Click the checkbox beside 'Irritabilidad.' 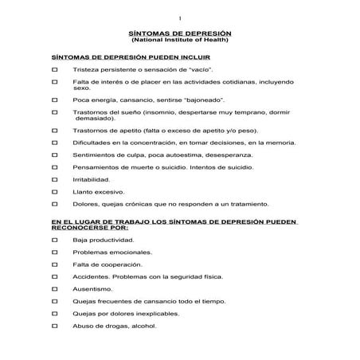(x=53, y=180)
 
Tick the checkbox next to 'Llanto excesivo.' (x=53, y=192)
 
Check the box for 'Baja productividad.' (x=53, y=240)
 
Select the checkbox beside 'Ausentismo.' (x=53, y=288)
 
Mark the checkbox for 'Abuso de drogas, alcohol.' (x=53, y=327)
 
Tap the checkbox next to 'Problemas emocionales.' (x=53, y=252)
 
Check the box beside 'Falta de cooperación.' (x=53, y=264)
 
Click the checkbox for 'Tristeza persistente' (x=53, y=71)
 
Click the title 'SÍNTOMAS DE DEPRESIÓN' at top (x=180, y=33)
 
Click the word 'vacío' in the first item (x=196, y=71)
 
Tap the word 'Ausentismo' (x=92, y=288)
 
